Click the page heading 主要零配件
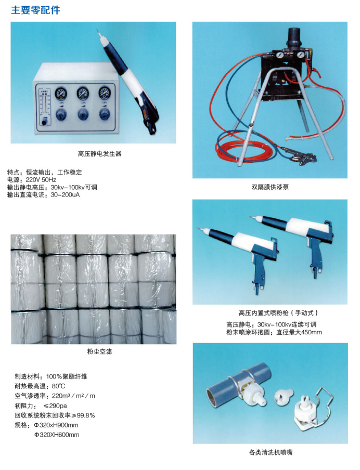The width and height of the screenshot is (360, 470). pos(35,10)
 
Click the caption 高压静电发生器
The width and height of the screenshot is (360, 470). pos(99,154)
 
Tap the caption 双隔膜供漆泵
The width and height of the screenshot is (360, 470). pos(270,187)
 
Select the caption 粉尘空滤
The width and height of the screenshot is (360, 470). pos(99,351)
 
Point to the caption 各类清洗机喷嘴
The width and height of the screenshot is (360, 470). pos(271,452)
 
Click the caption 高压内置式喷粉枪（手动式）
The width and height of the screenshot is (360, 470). pos(278,313)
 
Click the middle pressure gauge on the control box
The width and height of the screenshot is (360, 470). pos(83,94)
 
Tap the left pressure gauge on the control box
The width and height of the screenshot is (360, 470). pos(61,94)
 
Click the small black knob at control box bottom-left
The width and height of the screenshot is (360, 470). pos(44,122)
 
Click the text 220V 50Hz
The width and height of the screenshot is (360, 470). pos(41,180)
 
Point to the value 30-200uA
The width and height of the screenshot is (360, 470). pos(65,195)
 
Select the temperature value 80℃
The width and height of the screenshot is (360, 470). pos(58,386)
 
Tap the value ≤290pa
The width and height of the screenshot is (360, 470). pos(55,406)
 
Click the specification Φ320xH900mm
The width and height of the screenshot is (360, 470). pos(56,425)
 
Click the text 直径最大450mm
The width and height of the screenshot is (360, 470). pos(299,332)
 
